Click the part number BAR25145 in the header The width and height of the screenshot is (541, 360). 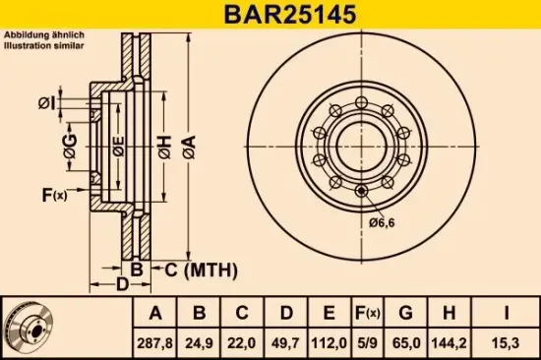click(270, 16)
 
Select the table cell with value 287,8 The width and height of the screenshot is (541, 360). click(155, 344)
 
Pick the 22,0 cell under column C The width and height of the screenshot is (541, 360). click(242, 344)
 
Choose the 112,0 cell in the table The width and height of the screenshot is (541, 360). click(328, 344)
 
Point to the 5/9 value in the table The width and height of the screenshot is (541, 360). click(366, 344)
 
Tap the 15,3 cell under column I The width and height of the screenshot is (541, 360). click(504, 344)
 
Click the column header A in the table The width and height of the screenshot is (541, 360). click(155, 315)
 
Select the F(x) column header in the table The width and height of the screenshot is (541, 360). click(366, 315)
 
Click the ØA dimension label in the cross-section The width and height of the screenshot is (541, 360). click(188, 147)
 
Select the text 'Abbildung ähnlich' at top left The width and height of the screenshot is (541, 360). click(37, 35)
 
